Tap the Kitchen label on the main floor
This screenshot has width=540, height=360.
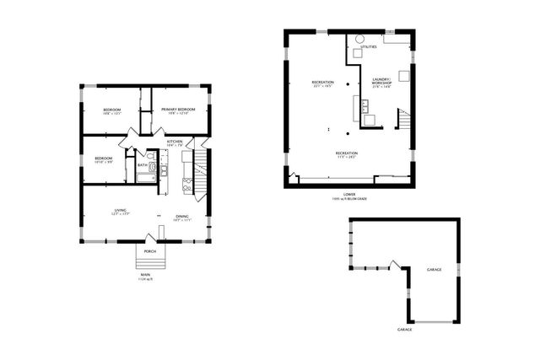(x=175, y=142)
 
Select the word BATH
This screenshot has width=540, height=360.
(x=142, y=165)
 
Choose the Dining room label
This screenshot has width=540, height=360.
(x=181, y=217)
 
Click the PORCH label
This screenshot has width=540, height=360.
(x=149, y=251)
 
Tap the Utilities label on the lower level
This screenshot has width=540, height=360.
(x=370, y=47)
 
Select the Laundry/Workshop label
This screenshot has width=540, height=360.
(x=382, y=83)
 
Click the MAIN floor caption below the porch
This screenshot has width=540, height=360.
(x=146, y=275)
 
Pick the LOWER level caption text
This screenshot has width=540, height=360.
(x=349, y=195)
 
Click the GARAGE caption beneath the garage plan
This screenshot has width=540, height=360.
(x=405, y=329)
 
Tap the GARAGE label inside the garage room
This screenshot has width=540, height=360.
(x=434, y=270)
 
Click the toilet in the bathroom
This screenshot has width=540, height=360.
(x=152, y=157)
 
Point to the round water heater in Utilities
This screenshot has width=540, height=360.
(x=359, y=39)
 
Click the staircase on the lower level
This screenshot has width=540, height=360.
(x=405, y=121)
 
